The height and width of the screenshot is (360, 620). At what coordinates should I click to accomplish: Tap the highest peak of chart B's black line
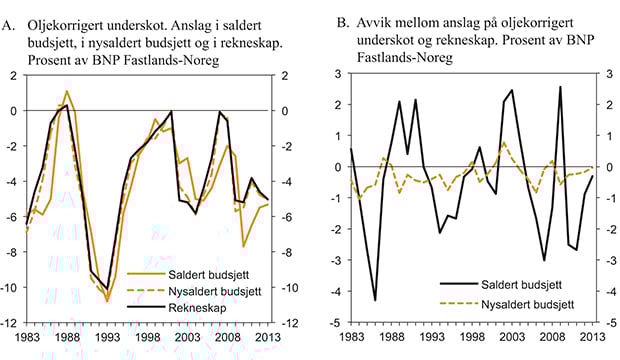tap(560, 86)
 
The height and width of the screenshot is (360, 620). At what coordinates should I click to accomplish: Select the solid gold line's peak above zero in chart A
tap(67, 91)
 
